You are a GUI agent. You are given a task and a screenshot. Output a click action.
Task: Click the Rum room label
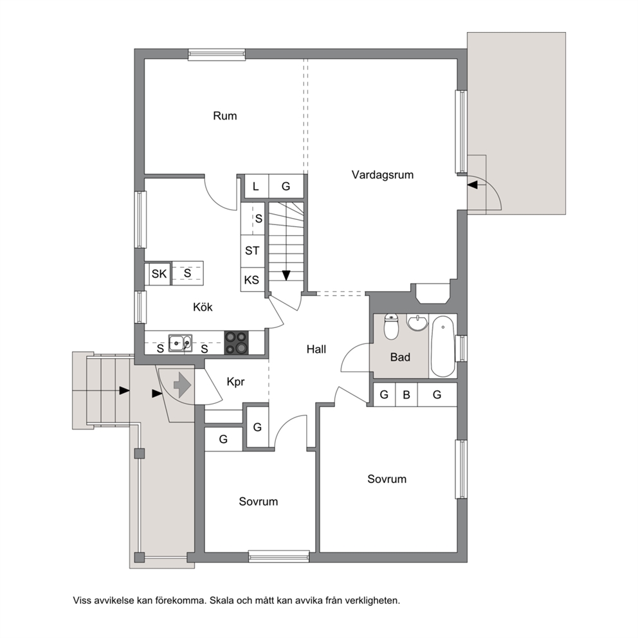(224, 116)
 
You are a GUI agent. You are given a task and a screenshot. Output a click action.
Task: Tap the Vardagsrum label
(383, 175)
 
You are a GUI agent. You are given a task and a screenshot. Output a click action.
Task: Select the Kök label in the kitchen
(203, 307)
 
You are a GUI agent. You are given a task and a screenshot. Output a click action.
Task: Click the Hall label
(316, 349)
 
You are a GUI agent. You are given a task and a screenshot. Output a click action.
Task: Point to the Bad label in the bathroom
(400, 357)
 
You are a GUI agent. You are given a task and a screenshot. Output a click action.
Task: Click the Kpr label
(235, 381)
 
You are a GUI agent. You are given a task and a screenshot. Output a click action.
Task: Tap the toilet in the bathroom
(392, 326)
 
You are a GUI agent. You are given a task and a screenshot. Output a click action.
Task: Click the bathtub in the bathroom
(442, 346)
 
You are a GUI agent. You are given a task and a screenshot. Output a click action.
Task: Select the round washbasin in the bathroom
(417, 323)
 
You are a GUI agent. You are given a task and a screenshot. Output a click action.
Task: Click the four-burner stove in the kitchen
(237, 343)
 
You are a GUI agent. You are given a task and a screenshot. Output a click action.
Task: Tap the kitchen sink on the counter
(180, 343)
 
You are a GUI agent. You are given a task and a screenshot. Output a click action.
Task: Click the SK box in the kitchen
(159, 274)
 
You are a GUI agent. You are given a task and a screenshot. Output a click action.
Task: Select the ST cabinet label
(252, 251)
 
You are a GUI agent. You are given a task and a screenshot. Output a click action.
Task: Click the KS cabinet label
(251, 280)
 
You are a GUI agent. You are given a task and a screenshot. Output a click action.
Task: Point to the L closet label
(255, 187)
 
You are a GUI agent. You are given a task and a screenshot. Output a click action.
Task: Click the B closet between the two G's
(406, 394)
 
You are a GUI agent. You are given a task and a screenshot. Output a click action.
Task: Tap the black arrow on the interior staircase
(286, 275)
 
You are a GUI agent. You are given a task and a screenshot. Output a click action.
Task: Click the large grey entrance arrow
(182, 384)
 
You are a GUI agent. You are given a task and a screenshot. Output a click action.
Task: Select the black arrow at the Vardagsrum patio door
(473, 185)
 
